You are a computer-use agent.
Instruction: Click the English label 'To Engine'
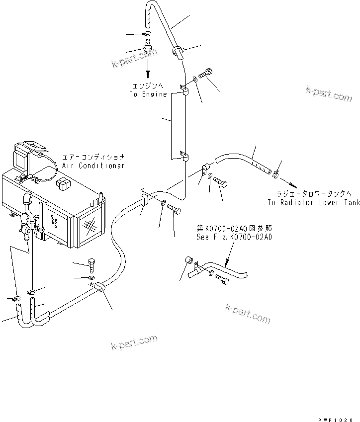(x=148, y=94)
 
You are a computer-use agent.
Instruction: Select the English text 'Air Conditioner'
(x=93, y=166)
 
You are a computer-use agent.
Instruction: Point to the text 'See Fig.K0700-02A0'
(x=234, y=237)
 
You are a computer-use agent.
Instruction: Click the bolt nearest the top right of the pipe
(x=207, y=73)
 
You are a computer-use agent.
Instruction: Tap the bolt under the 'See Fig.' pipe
(x=222, y=280)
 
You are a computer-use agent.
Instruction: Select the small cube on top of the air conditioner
(x=63, y=183)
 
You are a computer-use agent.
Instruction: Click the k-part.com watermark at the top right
(x=329, y=94)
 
